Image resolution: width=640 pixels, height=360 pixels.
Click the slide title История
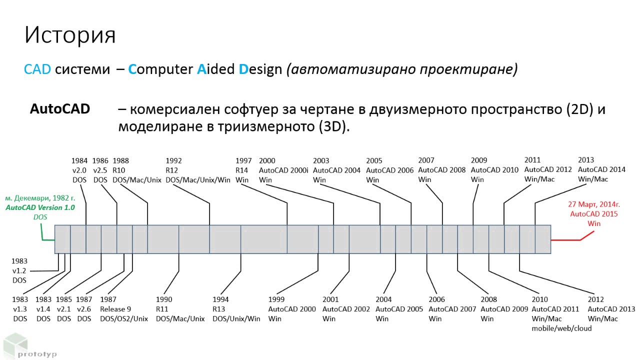[x=70, y=35]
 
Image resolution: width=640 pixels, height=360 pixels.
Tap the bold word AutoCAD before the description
[x=60, y=109]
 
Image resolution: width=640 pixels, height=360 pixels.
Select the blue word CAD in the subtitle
[x=37, y=69]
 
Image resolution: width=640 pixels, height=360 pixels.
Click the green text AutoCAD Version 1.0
[x=40, y=207]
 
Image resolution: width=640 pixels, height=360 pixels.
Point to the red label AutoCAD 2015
[x=594, y=214]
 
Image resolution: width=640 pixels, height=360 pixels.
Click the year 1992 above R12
[x=173, y=160]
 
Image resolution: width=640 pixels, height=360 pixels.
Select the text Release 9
[x=115, y=309]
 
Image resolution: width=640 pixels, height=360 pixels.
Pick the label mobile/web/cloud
[x=561, y=328]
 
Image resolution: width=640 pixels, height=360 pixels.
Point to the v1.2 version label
[x=19, y=270]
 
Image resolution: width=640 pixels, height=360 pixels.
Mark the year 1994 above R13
[x=220, y=299]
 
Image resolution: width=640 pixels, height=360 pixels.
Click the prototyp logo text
[x=37, y=354]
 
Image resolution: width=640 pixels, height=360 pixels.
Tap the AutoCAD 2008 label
[x=441, y=170]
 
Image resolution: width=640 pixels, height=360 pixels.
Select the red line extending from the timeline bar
[x=567, y=240]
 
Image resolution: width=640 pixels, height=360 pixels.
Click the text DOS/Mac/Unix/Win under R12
[x=197, y=179]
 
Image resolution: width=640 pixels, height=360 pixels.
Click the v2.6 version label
[x=84, y=309]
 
